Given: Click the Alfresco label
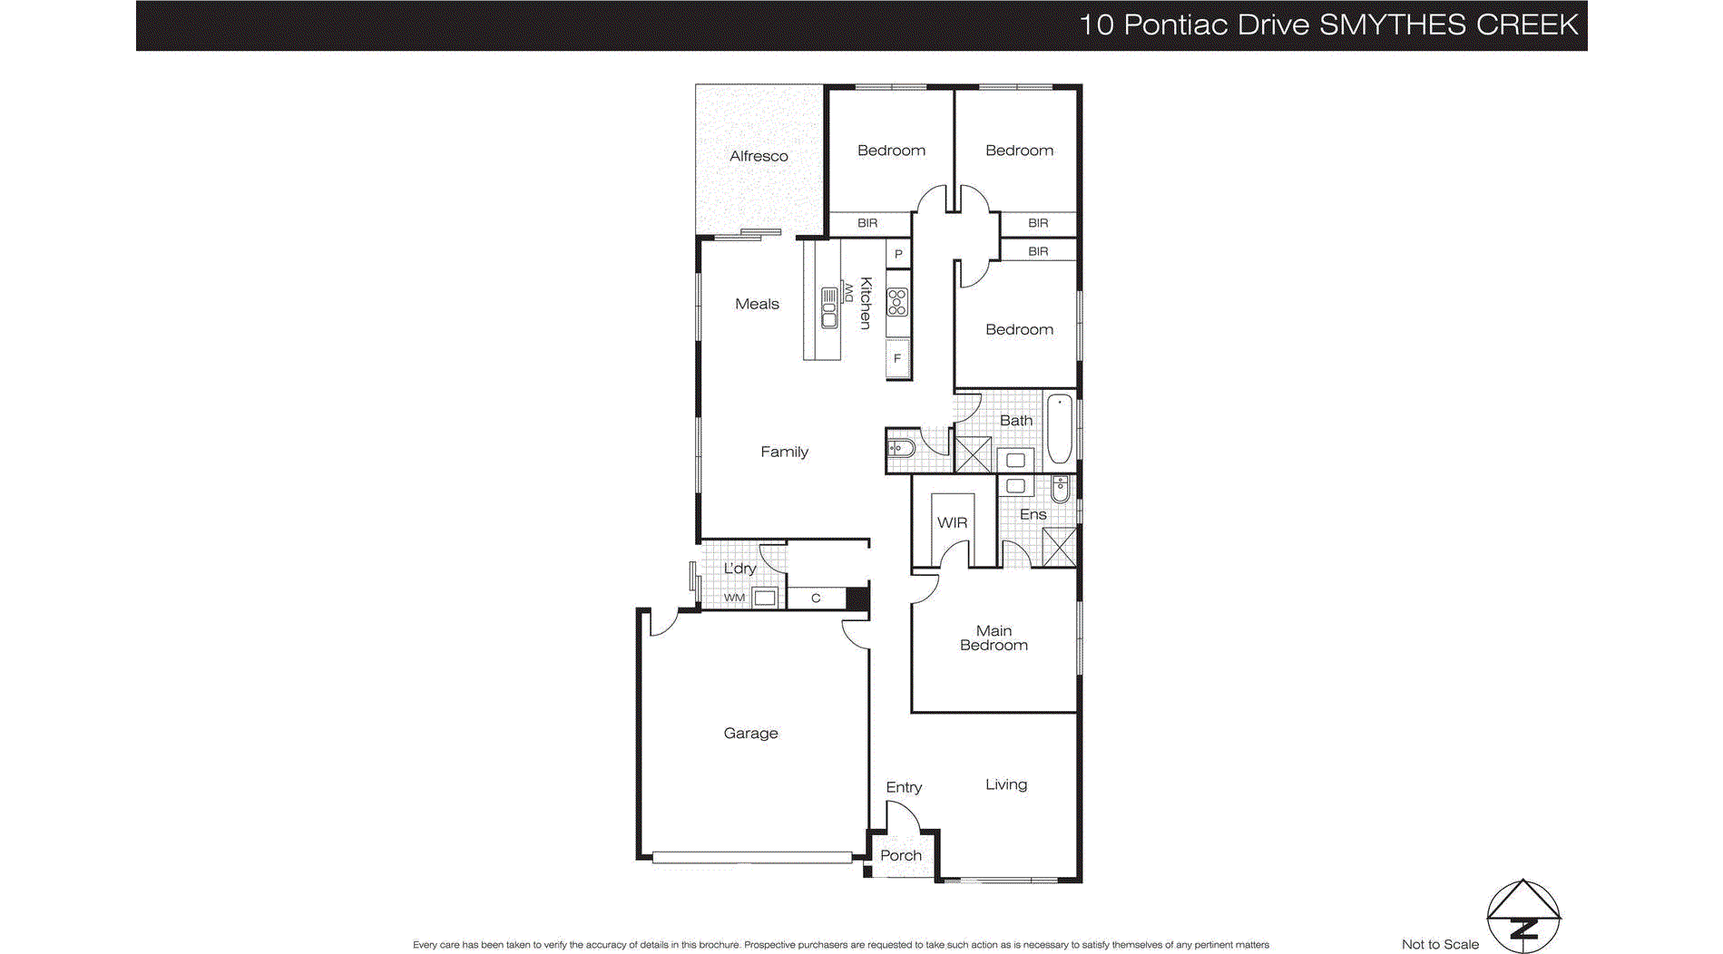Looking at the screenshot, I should click(x=759, y=156).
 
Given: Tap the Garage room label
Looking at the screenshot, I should click(x=750, y=733).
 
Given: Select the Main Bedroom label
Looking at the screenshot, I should click(x=994, y=638).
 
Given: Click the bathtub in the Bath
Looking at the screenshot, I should click(x=1059, y=428).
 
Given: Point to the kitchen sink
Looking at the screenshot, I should click(x=828, y=307).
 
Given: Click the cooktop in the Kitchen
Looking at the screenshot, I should click(x=897, y=301).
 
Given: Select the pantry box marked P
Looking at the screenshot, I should click(x=898, y=254).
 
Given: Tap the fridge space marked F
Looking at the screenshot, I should click(x=897, y=358).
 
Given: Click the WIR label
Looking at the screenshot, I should click(x=952, y=522).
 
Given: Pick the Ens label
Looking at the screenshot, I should click(x=1033, y=514).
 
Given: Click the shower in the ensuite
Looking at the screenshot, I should click(x=1058, y=547).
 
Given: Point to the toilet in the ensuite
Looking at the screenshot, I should click(x=1060, y=491).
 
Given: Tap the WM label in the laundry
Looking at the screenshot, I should click(x=734, y=598).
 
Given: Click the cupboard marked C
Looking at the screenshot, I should click(x=816, y=598).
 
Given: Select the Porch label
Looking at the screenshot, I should click(x=900, y=855).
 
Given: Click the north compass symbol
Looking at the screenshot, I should click(x=1523, y=916).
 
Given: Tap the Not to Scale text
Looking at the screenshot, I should click(x=1440, y=944).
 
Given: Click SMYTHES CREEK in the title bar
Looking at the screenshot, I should click(x=1448, y=24).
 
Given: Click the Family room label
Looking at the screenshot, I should click(x=784, y=452).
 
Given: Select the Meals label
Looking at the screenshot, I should click(x=757, y=304).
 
